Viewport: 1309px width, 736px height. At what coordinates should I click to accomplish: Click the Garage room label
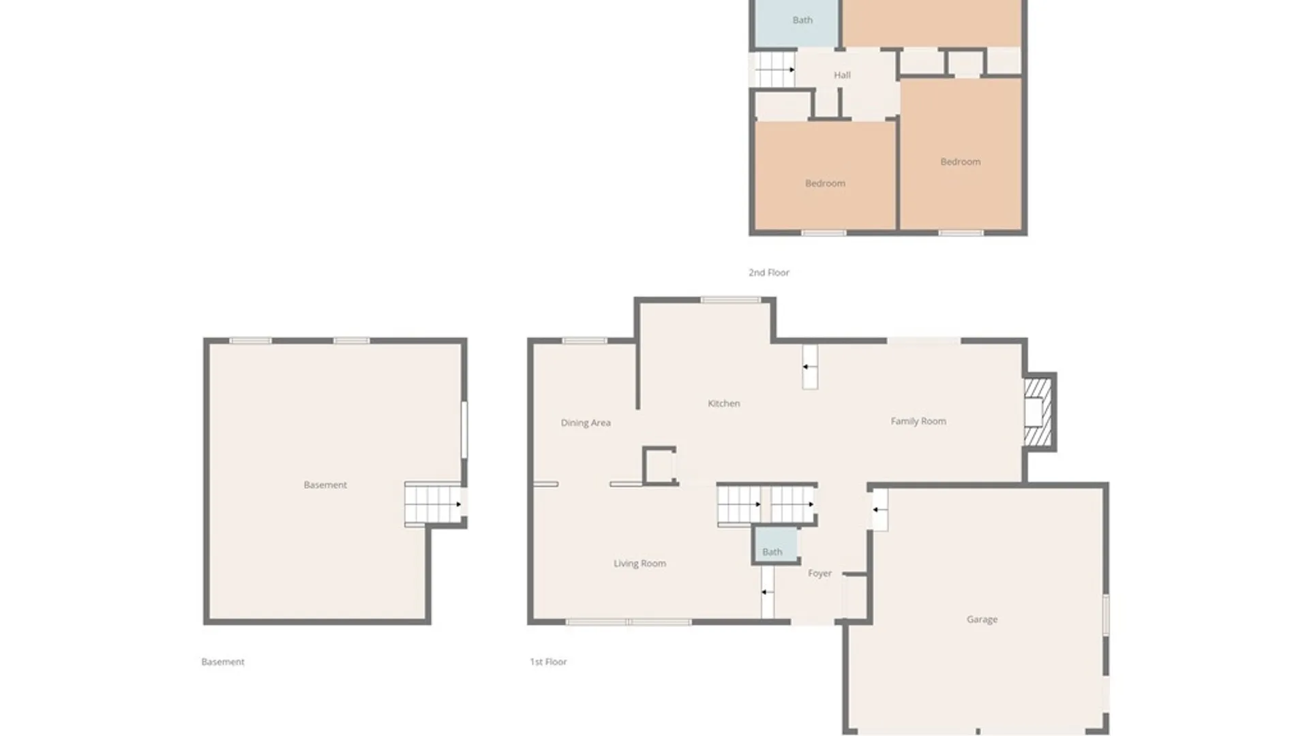tap(982, 619)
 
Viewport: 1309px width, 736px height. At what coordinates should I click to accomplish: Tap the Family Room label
tap(918, 421)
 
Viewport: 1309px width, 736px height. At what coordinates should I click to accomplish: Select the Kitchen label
tap(723, 403)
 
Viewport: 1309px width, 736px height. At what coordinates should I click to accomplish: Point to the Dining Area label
tap(585, 423)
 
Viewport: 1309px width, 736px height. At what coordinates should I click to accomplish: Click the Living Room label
tap(639, 564)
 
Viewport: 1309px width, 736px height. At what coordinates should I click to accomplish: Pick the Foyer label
tap(819, 573)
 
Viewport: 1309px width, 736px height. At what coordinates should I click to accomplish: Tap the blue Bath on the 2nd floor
tap(802, 20)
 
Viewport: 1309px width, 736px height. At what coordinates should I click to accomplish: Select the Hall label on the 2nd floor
tap(842, 75)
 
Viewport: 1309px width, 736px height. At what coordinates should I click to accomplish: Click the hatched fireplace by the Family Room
tap(1038, 412)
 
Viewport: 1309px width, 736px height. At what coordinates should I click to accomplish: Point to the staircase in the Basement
tap(433, 504)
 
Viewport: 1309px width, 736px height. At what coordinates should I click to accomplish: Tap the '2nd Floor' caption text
tap(768, 273)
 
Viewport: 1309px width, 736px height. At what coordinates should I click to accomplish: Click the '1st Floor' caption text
tap(548, 662)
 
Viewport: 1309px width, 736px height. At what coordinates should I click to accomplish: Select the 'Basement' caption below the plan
tap(222, 662)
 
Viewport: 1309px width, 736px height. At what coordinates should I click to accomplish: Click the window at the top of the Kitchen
tap(730, 300)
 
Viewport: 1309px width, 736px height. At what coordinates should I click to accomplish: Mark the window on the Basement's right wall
tap(464, 430)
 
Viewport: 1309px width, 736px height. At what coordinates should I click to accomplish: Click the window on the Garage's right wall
tap(1106, 615)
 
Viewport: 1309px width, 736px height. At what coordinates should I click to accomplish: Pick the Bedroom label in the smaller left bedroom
tap(825, 183)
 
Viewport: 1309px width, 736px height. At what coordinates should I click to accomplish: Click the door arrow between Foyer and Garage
tap(878, 510)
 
